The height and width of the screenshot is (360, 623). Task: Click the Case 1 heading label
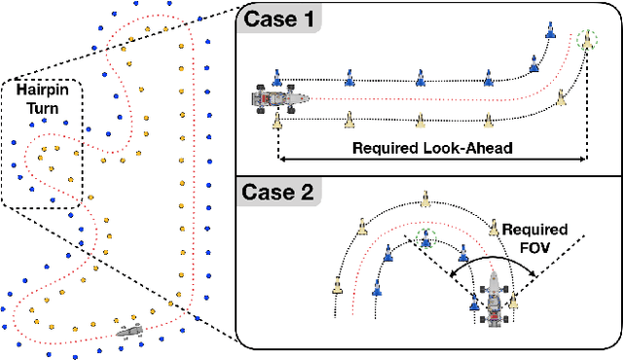[x=279, y=18]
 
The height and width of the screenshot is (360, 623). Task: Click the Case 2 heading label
[x=280, y=191]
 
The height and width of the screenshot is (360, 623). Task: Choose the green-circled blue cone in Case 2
[x=422, y=237]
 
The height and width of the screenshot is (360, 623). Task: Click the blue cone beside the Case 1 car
[x=277, y=76]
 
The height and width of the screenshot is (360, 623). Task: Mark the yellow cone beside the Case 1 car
[x=277, y=120]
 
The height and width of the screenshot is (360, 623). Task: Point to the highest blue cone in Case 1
[x=550, y=30]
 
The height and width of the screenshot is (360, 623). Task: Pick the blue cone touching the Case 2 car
[x=475, y=303]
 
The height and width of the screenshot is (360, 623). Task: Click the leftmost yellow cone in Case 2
[x=337, y=286]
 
